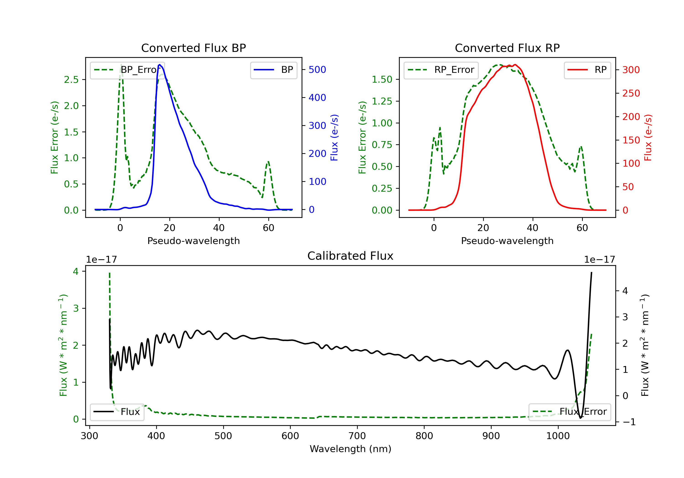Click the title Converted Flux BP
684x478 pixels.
coord(194,48)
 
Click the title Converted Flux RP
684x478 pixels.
coord(507,48)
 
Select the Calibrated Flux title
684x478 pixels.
coord(350,256)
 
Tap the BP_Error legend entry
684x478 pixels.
coord(127,70)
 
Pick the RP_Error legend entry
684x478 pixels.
coord(441,70)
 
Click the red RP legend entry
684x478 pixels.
coord(587,70)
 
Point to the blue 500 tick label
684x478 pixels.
coord(317,70)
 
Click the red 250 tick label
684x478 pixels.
coord(631,93)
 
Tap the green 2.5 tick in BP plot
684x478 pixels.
coord(71,79)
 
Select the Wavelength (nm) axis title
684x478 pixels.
coord(350,449)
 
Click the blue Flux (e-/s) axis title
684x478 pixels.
coord(334,137)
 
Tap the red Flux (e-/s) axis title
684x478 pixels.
coord(648,137)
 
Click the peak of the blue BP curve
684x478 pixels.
coord(160,65)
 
